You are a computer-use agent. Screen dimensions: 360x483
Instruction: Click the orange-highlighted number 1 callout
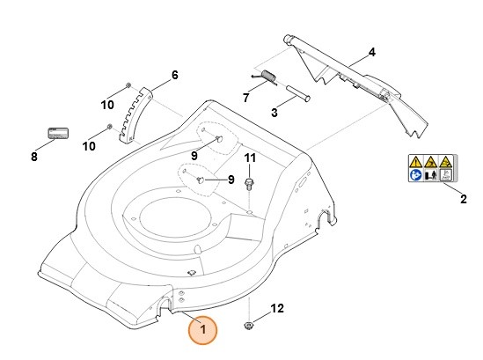pos(203,330)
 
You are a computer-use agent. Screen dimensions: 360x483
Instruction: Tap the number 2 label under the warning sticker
pos(463,200)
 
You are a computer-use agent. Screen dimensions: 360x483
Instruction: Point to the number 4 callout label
pos(371,53)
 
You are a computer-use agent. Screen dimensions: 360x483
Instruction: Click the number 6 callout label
pos(174,75)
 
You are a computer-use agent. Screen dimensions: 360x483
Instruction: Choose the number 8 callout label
pos(34,158)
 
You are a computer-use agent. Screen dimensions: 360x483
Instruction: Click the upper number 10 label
pos(107,105)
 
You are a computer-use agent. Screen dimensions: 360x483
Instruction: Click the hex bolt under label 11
pos(249,182)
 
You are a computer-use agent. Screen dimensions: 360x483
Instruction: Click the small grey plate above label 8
pos(58,133)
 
